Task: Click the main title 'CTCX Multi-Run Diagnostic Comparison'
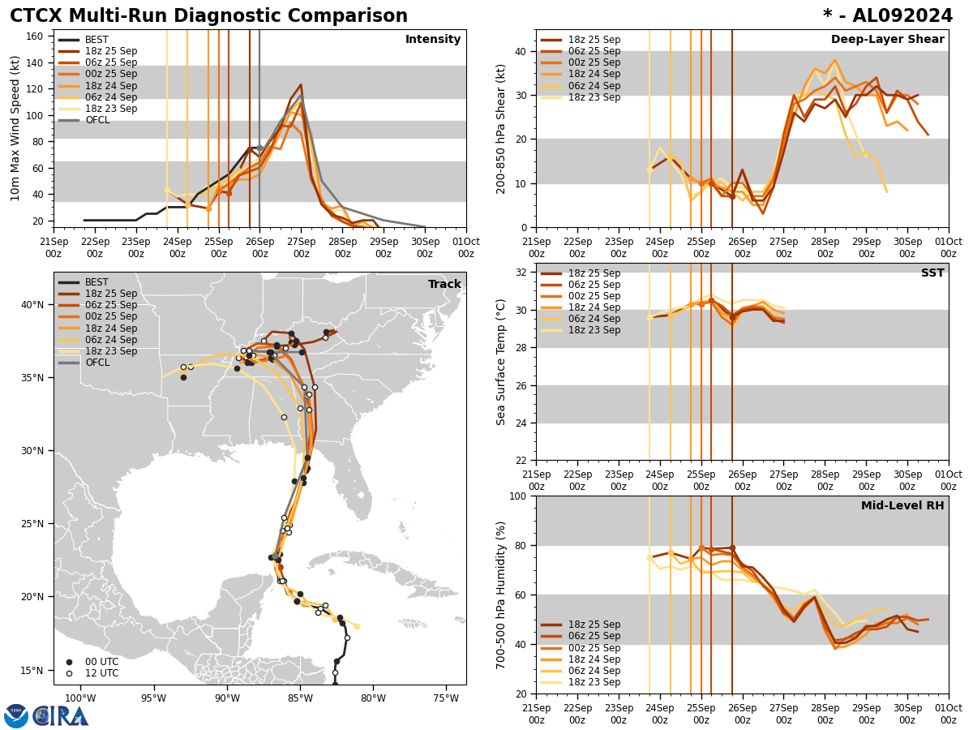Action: coord(208,16)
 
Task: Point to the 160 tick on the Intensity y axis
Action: coord(37,36)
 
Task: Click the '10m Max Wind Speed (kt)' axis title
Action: coord(15,128)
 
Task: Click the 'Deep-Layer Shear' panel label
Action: coord(887,40)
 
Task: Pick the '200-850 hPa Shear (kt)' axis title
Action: coord(501,128)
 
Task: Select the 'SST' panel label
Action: coord(932,273)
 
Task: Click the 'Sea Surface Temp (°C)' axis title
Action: coord(501,362)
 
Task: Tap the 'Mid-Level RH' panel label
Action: coord(902,506)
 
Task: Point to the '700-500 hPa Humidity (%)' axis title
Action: coord(501,595)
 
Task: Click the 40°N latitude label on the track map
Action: coord(32,305)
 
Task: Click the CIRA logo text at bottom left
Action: coord(62,716)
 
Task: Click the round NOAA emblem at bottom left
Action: coord(16,716)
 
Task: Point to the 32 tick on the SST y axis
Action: coord(520,273)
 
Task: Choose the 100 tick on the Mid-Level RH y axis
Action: coord(517,496)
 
